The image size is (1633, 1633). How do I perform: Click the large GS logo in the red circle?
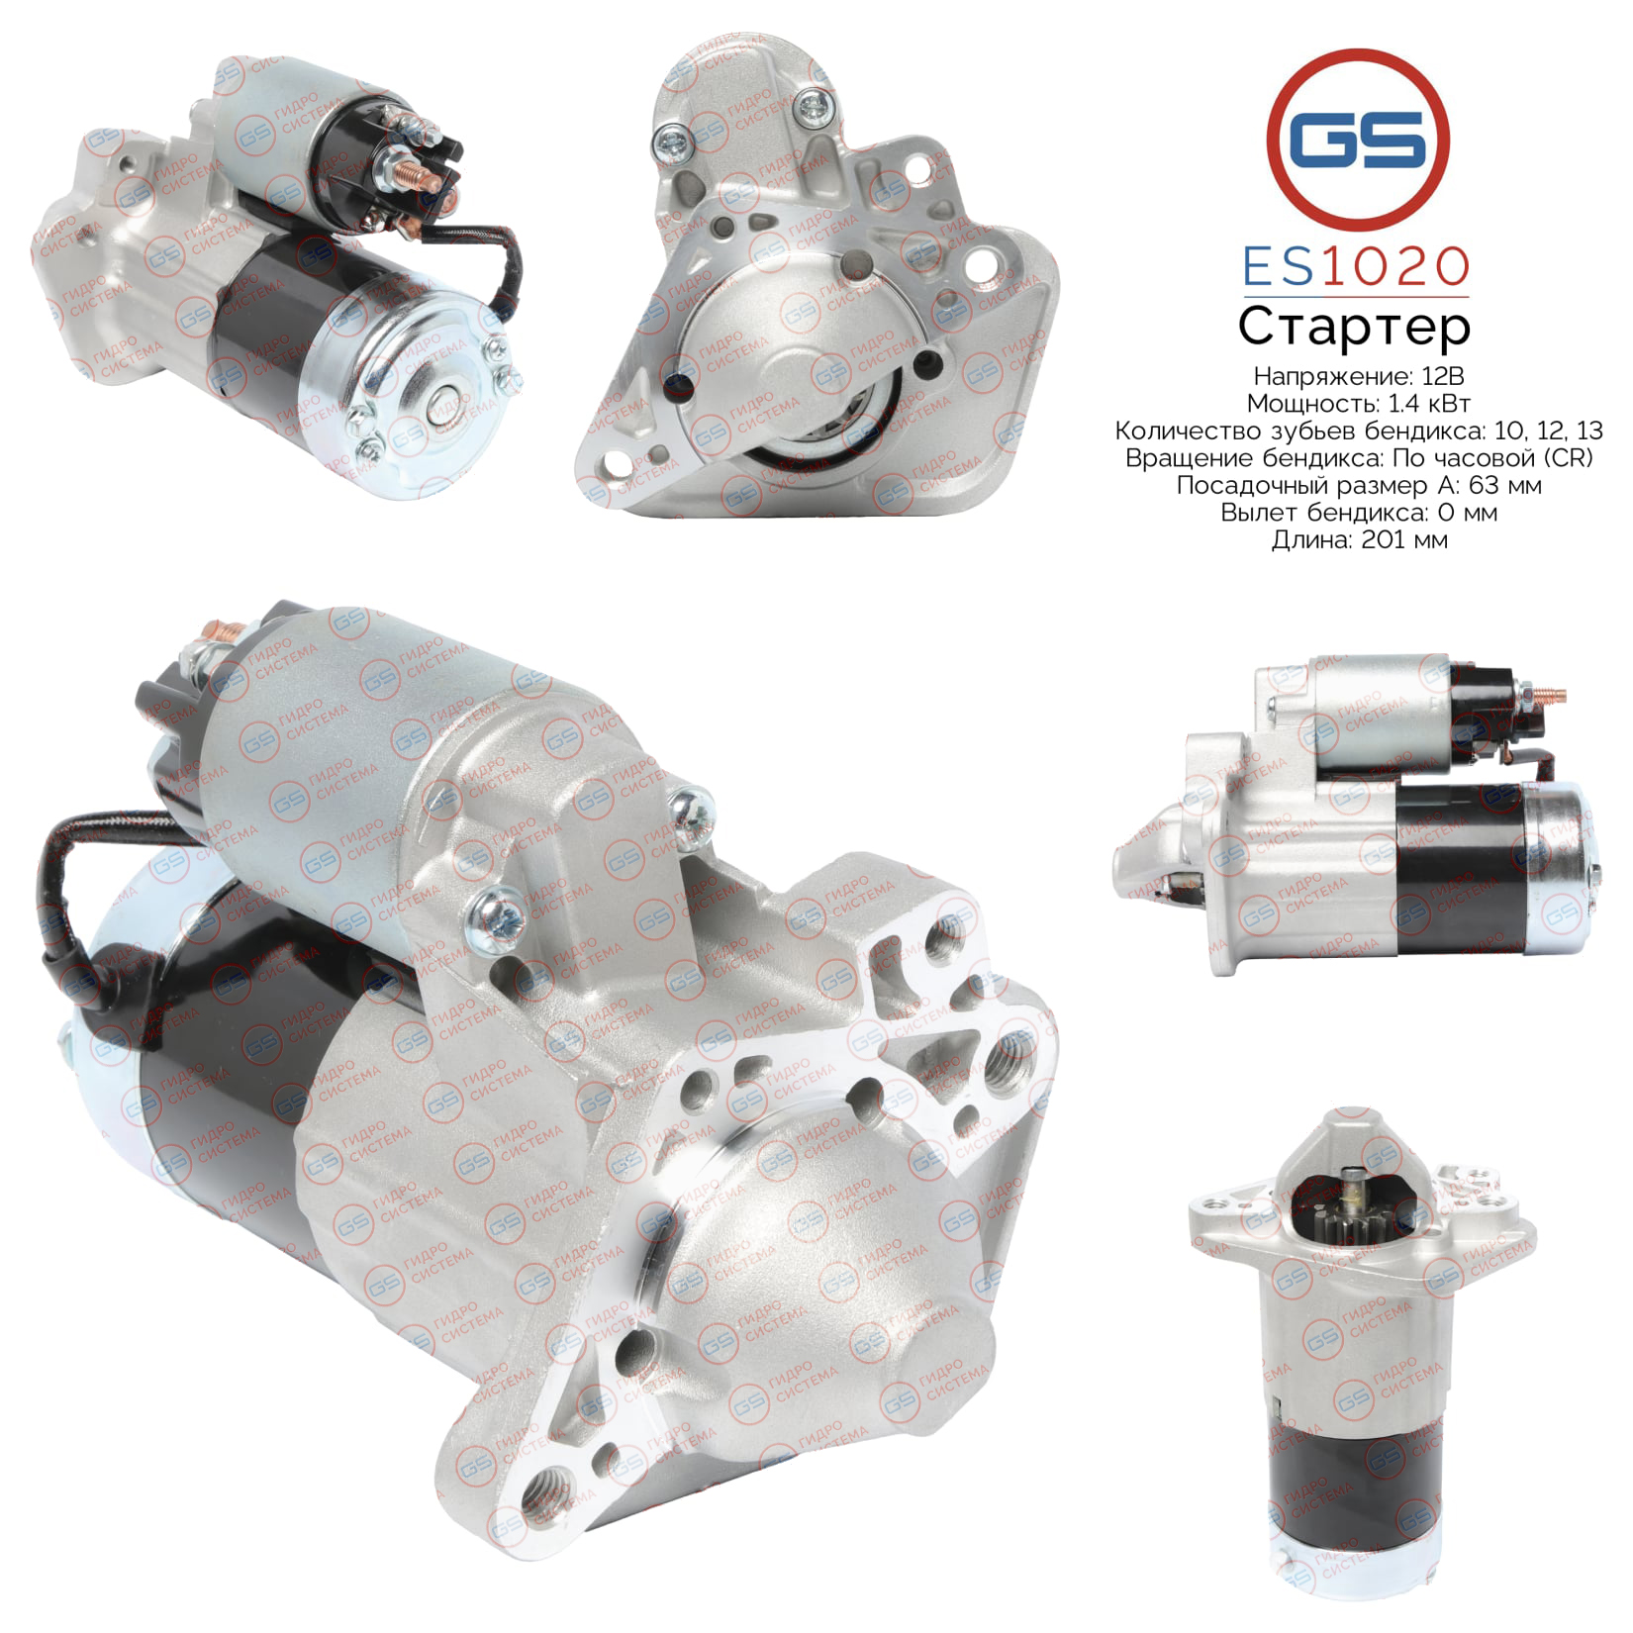click(x=1358, y=137)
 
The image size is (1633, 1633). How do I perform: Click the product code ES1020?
click(x=1356, y=265)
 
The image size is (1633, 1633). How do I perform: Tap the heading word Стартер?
click(x=1354, y=326)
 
